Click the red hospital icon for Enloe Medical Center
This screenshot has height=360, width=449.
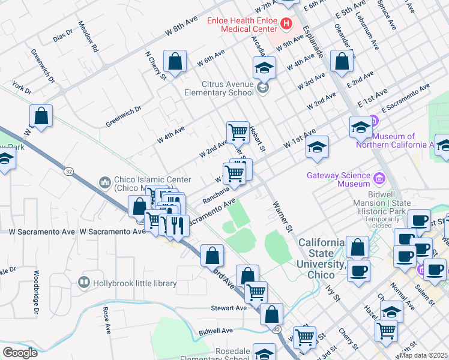click(286, 25)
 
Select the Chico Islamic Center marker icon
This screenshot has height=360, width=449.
click(105, 181)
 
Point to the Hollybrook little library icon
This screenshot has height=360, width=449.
click(84, 283)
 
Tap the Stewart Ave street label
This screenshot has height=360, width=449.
click(229, 308)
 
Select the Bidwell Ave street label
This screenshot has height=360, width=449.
click(215, 331)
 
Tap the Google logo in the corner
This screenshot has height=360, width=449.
click(20, 353)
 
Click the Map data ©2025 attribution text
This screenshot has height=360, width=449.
click(423, 355)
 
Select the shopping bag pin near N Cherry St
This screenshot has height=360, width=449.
click(174, 61)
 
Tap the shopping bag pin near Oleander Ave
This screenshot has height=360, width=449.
click(342, 61)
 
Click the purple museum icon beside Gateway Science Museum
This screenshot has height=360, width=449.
click(379, 178)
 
